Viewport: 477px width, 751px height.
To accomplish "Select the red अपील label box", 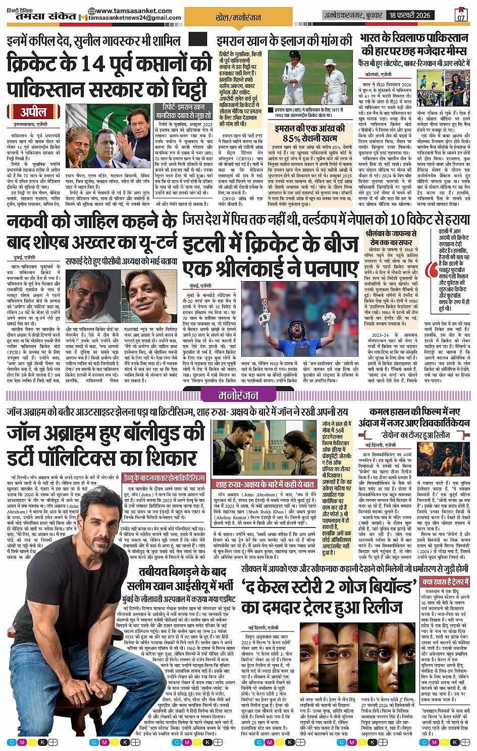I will [33, 112].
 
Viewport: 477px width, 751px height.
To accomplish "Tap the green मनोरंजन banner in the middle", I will [238, 395].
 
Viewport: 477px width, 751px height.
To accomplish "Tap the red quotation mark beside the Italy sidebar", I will [432, 270].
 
